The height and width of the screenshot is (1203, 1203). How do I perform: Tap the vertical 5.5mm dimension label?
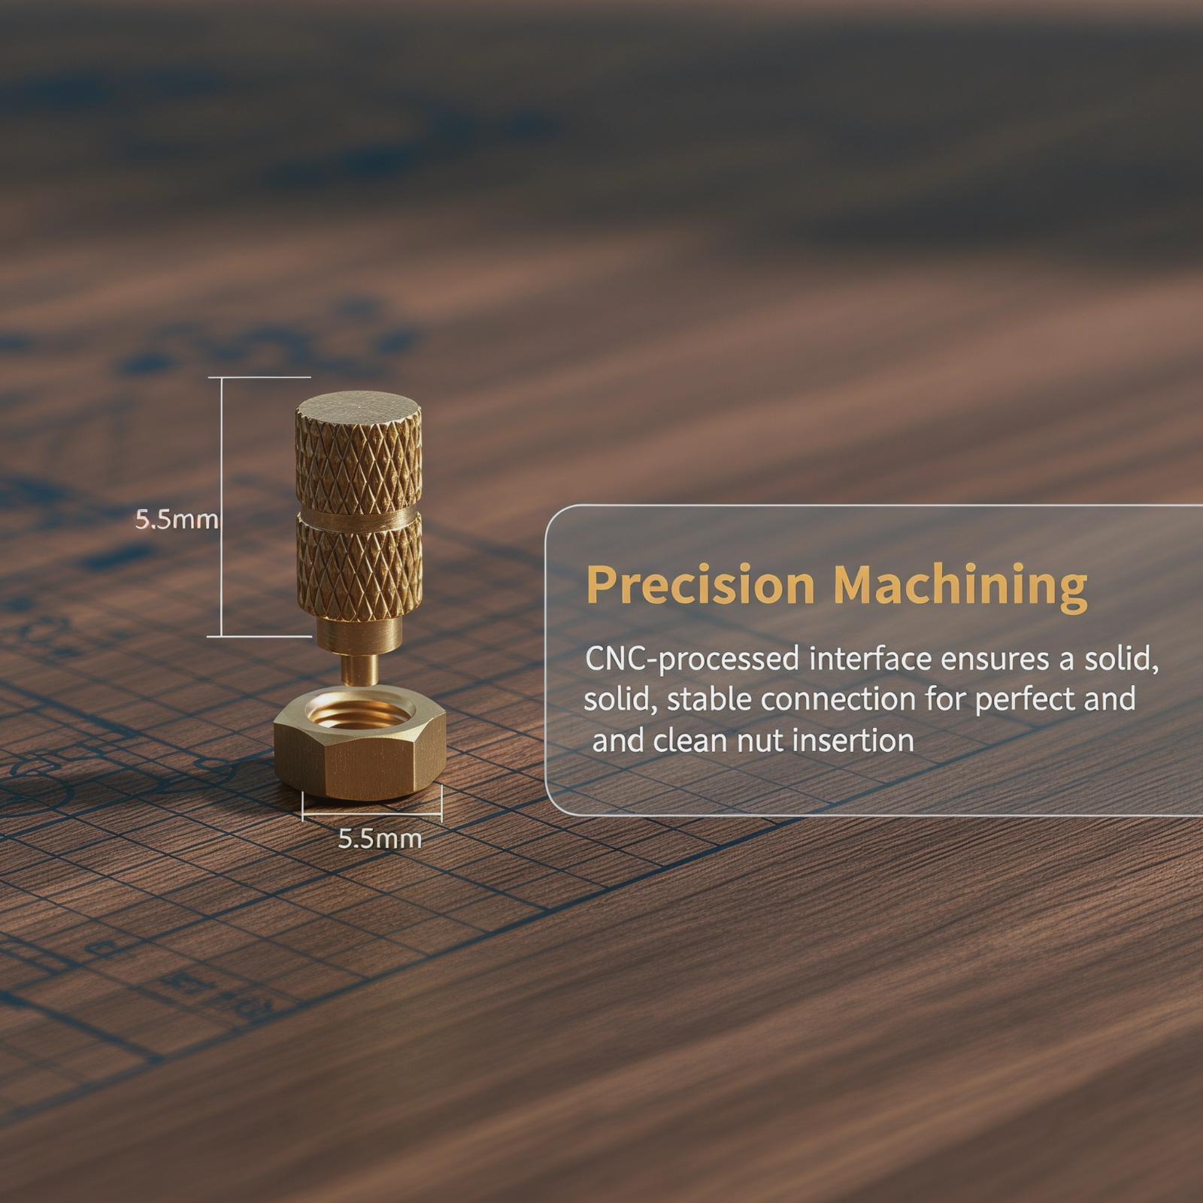click(176, 519)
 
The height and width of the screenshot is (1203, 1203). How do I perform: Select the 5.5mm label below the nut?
click(380, 838)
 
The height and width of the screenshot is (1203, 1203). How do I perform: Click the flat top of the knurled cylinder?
click(358, 413)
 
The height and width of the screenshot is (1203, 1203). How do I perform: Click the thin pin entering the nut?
click(358, 668)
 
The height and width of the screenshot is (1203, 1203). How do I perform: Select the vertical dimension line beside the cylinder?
click(221, 507)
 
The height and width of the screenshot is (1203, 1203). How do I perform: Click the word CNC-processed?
click(692, 659)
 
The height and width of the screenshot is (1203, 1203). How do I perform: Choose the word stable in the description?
click(708, 699)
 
